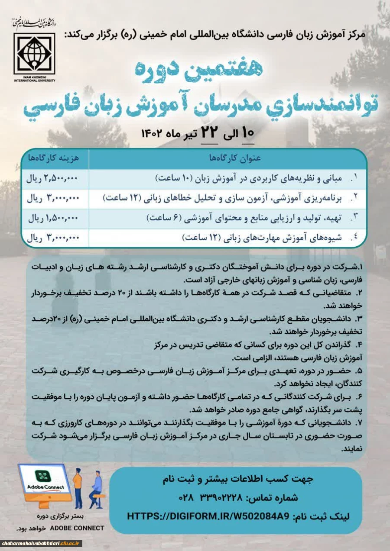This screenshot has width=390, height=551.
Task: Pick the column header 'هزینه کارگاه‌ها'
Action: pyautogui.click(x=54, y=159)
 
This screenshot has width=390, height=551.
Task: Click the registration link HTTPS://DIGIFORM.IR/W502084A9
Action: pyautogui.click(x=208, y=516)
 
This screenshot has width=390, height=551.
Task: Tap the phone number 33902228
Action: pyautogui.click(x=220, y=498)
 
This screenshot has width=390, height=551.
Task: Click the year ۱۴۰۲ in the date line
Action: pyautogui.click(x=151, y=133)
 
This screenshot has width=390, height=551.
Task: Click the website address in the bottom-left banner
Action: pyautogui.click(x=41, y=544)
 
